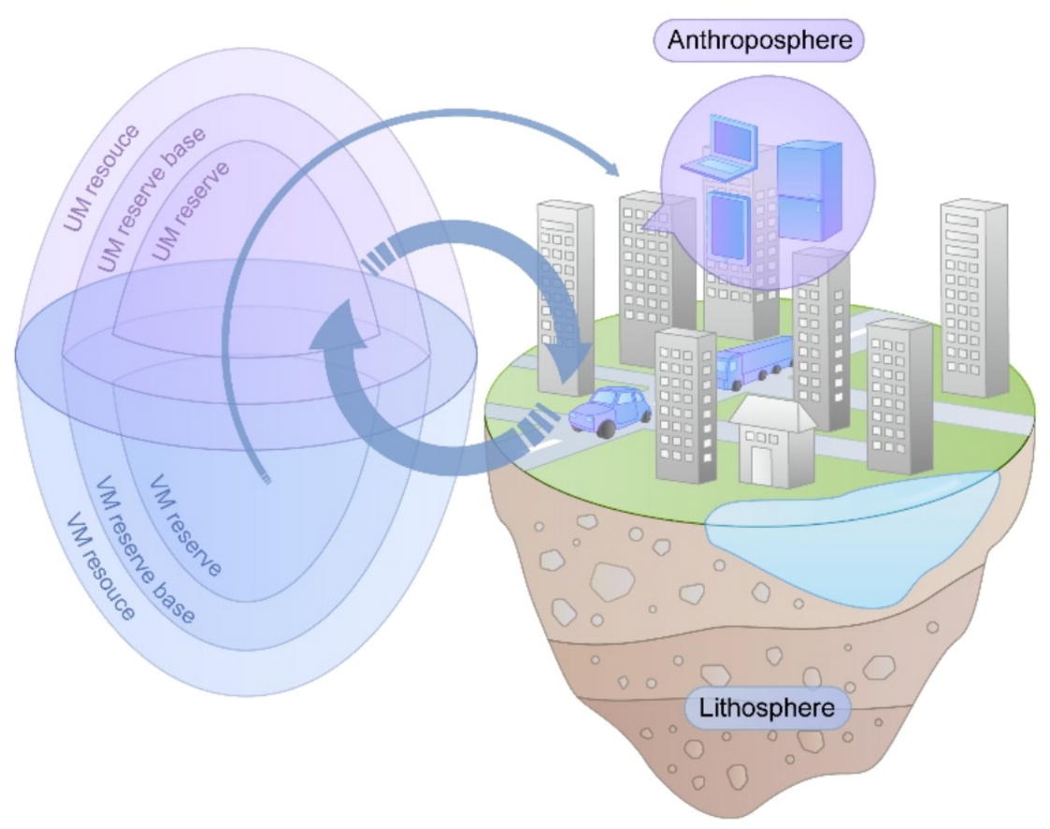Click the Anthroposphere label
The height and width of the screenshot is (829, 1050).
coord(759,41)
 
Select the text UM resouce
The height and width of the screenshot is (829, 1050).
coord(102,177)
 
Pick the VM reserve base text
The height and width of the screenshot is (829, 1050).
coord(145,556)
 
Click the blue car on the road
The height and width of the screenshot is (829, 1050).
coord(611,409)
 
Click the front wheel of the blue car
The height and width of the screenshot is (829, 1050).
coord(607,429)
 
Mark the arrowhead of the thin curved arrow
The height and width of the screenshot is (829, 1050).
coord(611,170)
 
